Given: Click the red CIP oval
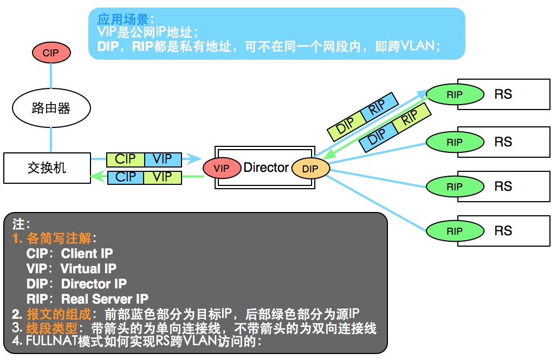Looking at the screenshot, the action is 51,53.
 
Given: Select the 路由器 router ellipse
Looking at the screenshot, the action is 51,108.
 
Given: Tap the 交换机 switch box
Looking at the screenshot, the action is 47,168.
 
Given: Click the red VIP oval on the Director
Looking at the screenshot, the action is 222,168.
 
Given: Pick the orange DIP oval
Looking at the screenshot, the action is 310,169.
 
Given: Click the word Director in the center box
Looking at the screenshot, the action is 266,168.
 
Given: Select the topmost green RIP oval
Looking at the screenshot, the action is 455,94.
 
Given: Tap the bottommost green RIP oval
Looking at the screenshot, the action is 455,231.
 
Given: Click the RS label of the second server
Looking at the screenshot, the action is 503,142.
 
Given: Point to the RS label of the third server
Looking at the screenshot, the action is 503,186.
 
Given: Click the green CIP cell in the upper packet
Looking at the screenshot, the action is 125,159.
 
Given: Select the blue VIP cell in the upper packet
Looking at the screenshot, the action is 163,159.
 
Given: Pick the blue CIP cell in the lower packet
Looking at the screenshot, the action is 125,177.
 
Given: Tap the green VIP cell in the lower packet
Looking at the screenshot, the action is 163,177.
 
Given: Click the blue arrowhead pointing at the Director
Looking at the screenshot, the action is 195,158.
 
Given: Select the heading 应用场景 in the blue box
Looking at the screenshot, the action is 123,19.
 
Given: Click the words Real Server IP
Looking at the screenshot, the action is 105,299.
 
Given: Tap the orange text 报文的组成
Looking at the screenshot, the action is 59,314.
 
